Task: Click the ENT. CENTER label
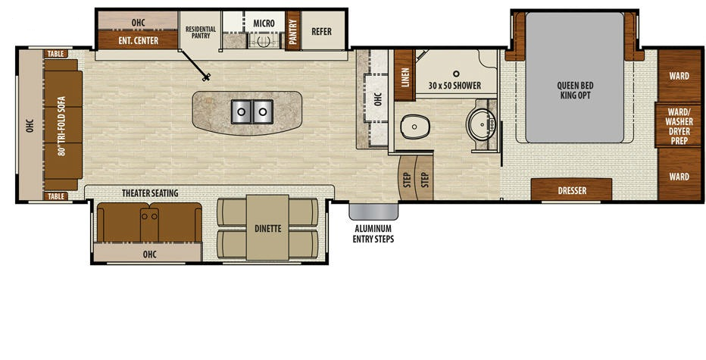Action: (138, 41)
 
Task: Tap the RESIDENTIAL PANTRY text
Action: (201, 32)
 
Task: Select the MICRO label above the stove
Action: (264, 23)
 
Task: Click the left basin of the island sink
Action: (242, 111)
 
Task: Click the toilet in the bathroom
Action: (414, 127)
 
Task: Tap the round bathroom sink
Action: (481, 124)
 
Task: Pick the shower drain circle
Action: (456, 73)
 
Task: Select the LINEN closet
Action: (405, 75)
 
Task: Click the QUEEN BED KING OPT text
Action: (575, 90)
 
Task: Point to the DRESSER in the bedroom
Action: (571, 189)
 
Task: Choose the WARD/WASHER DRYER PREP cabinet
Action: (678, 126)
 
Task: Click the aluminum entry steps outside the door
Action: (373, 211)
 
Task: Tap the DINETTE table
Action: (267, 227)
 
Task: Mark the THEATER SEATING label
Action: (150, 193)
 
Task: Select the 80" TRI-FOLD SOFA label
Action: (62, 126)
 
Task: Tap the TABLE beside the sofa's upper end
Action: (56, 54)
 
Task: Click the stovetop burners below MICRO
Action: (264, 42)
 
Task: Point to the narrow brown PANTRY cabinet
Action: (292, 30)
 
